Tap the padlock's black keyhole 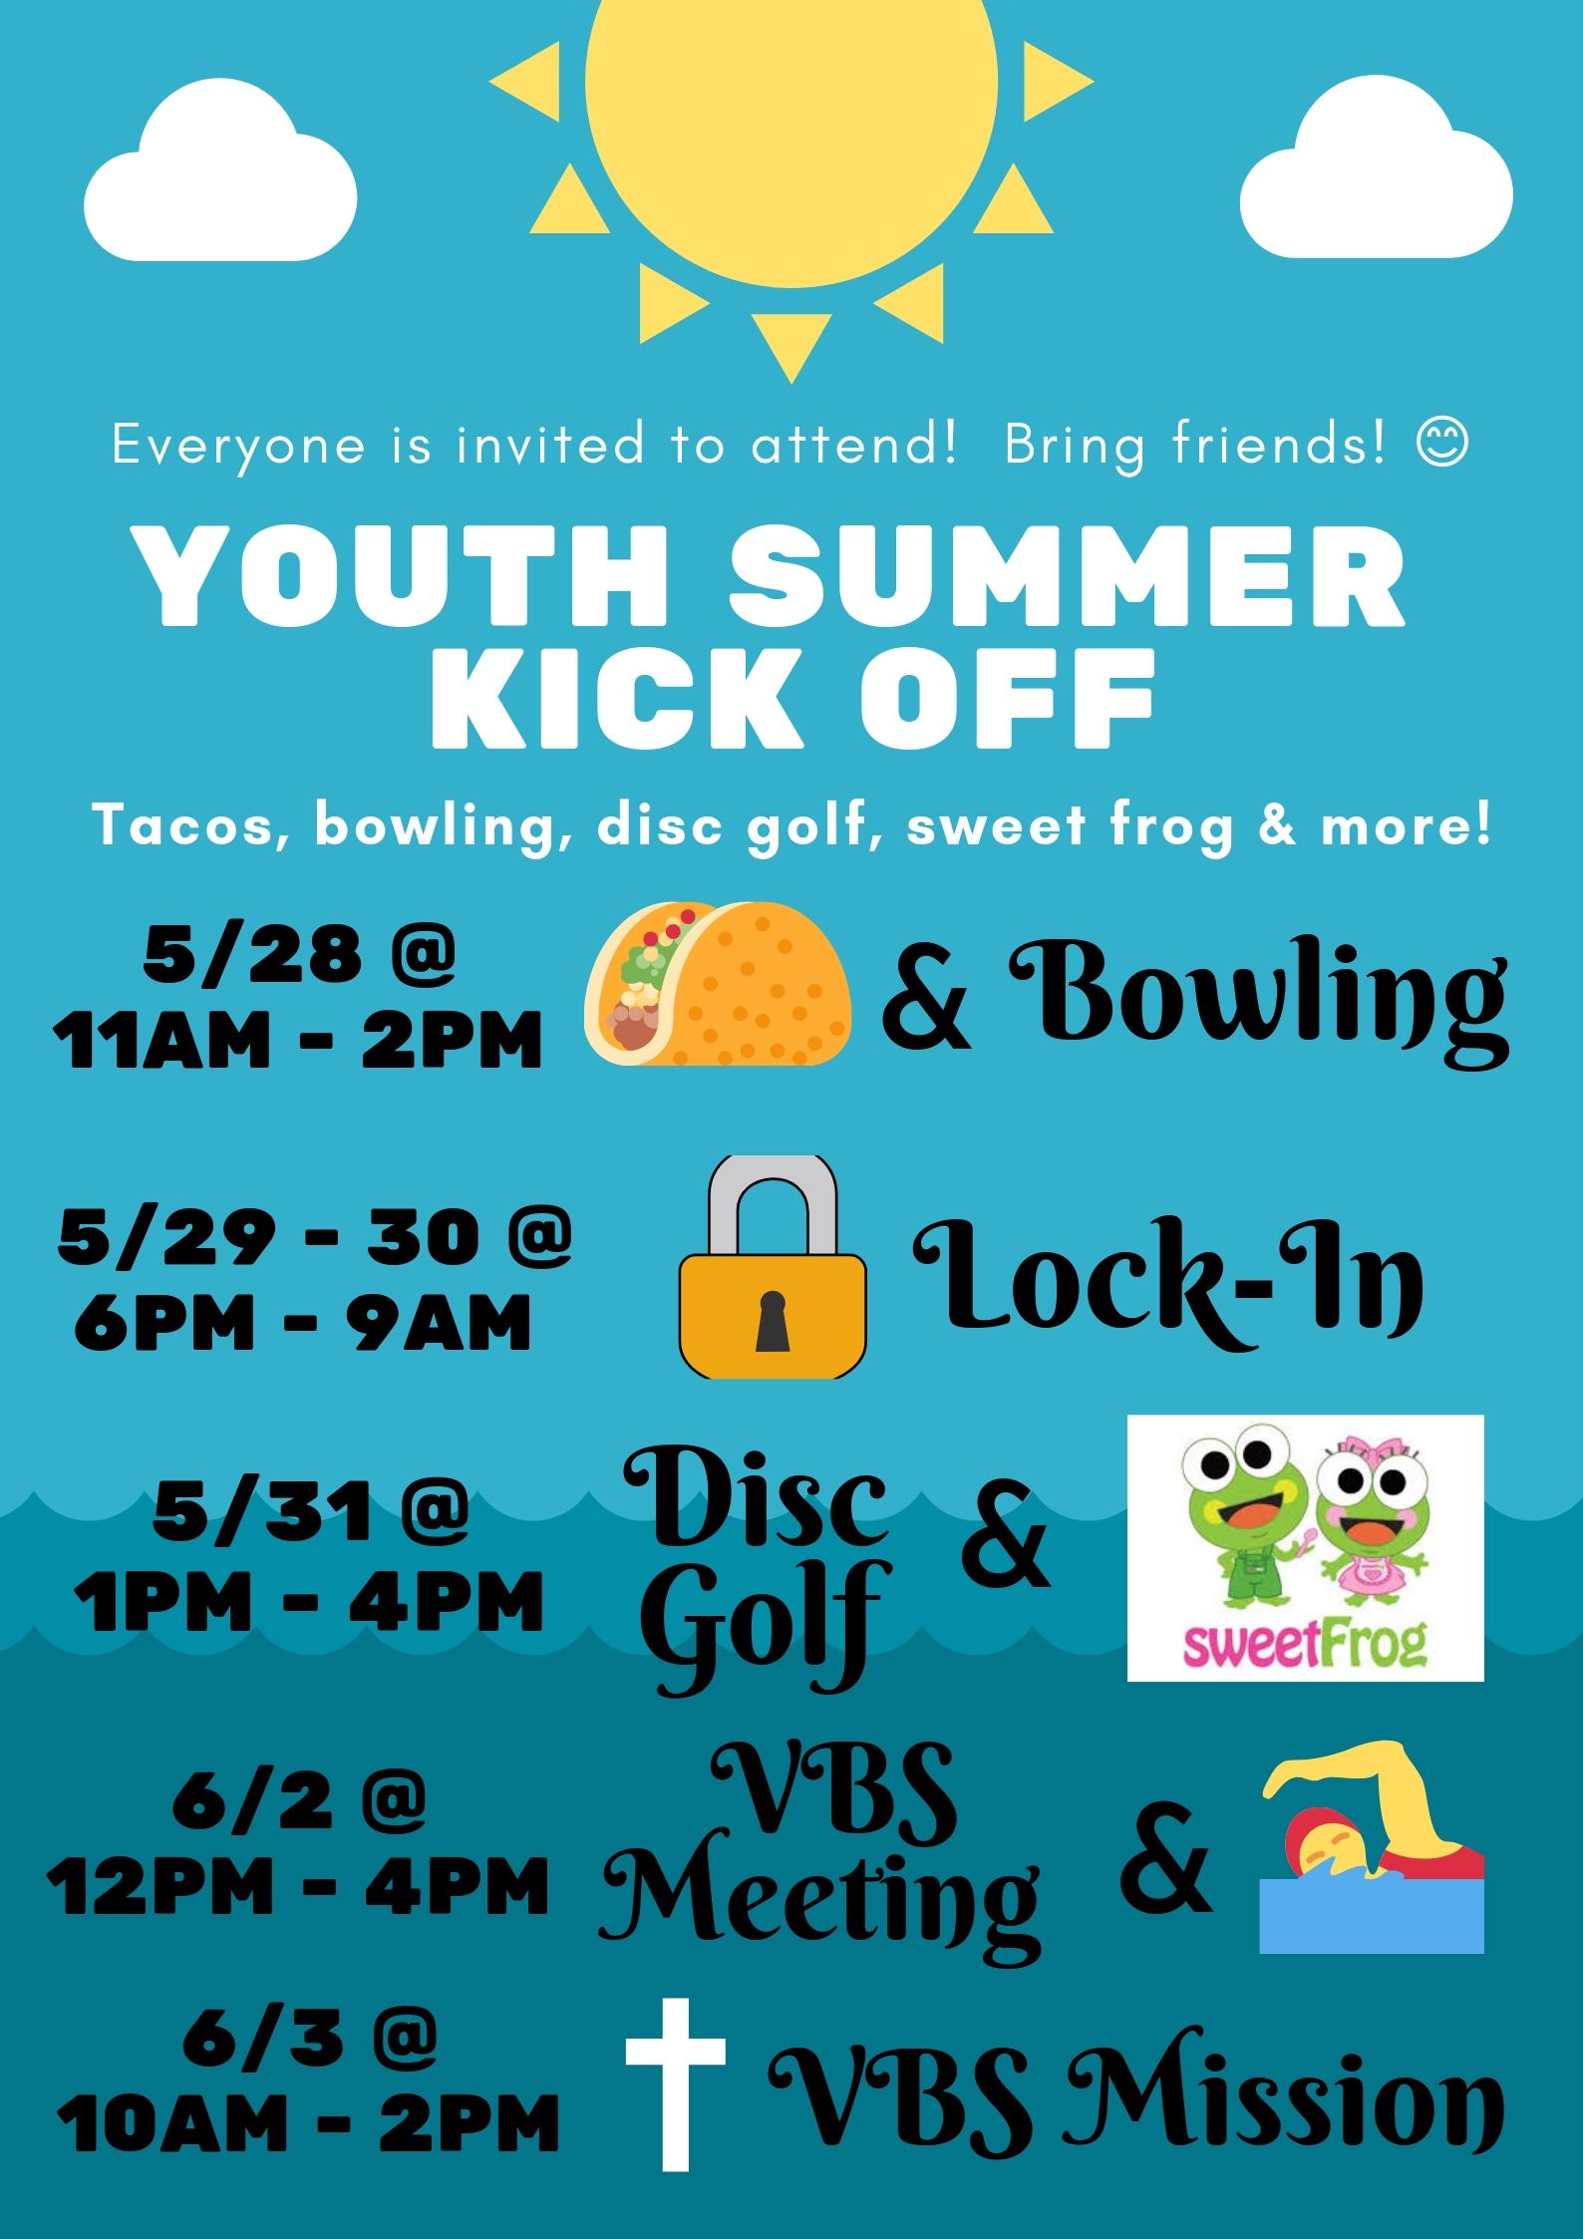[x=773, y=1321]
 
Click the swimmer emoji [x=1372, y=1846]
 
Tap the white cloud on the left [x=220, y=170]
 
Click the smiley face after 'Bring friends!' [x=1441, y=443]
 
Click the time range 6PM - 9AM [x=302, y=1322]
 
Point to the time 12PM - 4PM [x=298, y=1886]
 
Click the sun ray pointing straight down [x=791, y=342]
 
